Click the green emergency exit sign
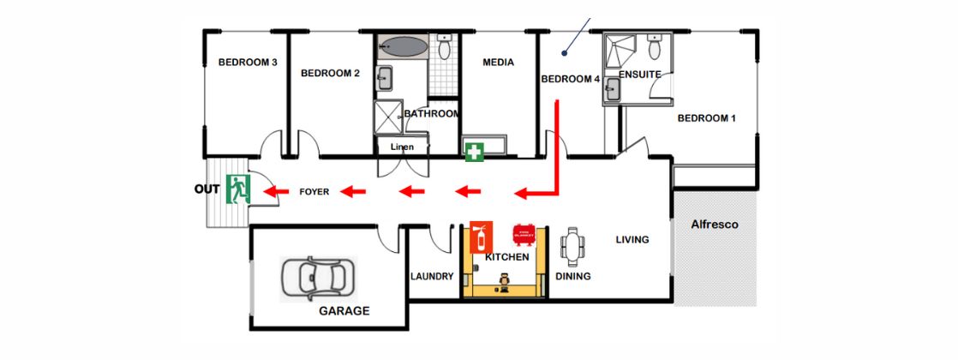click(x=237, y=189)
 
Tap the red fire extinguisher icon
click(x=482, y=236)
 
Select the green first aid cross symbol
click(x=474, y=153)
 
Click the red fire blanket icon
click(x=524, y=234)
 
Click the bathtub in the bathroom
click(x=401, y=46)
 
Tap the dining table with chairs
click(x=572, y=248)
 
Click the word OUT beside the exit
click(x=208, y=189)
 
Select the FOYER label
click(x=314, y=192)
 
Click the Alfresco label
click(x=715, y=225)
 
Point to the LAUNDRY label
click(x=431, y=276)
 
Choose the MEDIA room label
click(x=498, y=62)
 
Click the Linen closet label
click(x=402, y=147)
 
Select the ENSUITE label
click(x=639, y=75)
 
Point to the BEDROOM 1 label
click(x=707, y=118)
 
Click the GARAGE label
click(x=344, y=311)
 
